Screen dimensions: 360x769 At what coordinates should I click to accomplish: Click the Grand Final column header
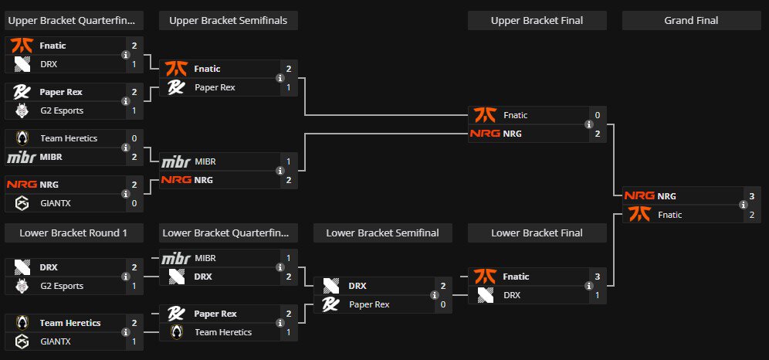coord(691,21)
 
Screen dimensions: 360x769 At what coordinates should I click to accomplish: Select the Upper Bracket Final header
coord(537,21)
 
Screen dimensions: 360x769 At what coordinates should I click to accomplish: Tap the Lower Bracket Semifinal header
coord(382,233)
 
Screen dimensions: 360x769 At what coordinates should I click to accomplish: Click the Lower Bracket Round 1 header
coord(73,233)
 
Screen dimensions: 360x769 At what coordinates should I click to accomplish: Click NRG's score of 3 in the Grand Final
coord(751,196)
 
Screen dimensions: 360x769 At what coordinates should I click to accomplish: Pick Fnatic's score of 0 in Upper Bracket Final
coord(597,115)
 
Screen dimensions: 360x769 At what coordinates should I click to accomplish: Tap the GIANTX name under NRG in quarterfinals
coord(56,204)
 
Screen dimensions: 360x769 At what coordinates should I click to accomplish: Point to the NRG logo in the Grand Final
coord(639,196)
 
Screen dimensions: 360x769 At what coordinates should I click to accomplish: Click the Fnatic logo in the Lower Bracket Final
coord(484,276)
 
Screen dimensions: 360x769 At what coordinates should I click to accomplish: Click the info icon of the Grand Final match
coord(743,205)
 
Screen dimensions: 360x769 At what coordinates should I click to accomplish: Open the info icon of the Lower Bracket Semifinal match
coord(434,295)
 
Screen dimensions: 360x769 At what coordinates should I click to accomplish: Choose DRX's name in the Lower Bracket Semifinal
coord(357,286)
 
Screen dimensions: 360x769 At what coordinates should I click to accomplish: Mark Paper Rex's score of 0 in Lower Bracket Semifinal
coord(442,304)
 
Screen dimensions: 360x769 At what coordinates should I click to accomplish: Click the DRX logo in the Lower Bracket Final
coord(484,294)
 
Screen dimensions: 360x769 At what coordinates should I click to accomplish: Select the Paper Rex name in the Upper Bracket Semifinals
coord(215,87)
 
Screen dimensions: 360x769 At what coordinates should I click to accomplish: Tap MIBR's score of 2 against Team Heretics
coord(134,157)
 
